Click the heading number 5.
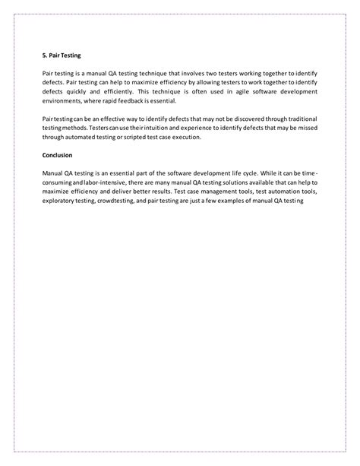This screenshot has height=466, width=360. point(44,55)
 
